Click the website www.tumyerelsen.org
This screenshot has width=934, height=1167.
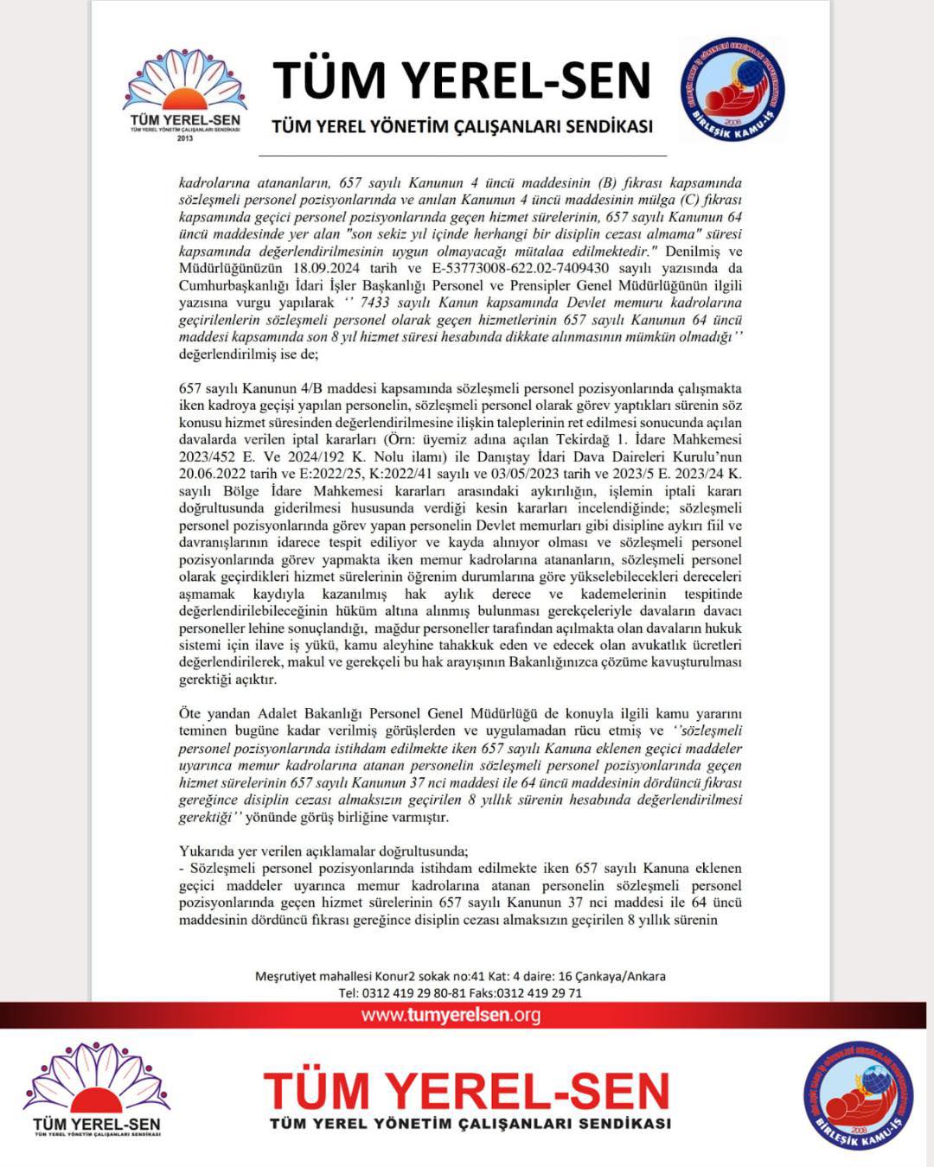coord(451,1015)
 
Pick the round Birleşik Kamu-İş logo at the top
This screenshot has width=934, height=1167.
coord(732,88)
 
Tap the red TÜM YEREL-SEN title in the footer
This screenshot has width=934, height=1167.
coord(467,1091)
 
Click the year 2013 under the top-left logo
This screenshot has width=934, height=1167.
coord(185,138)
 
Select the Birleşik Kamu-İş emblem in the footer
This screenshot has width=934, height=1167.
coord(858,1094)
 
